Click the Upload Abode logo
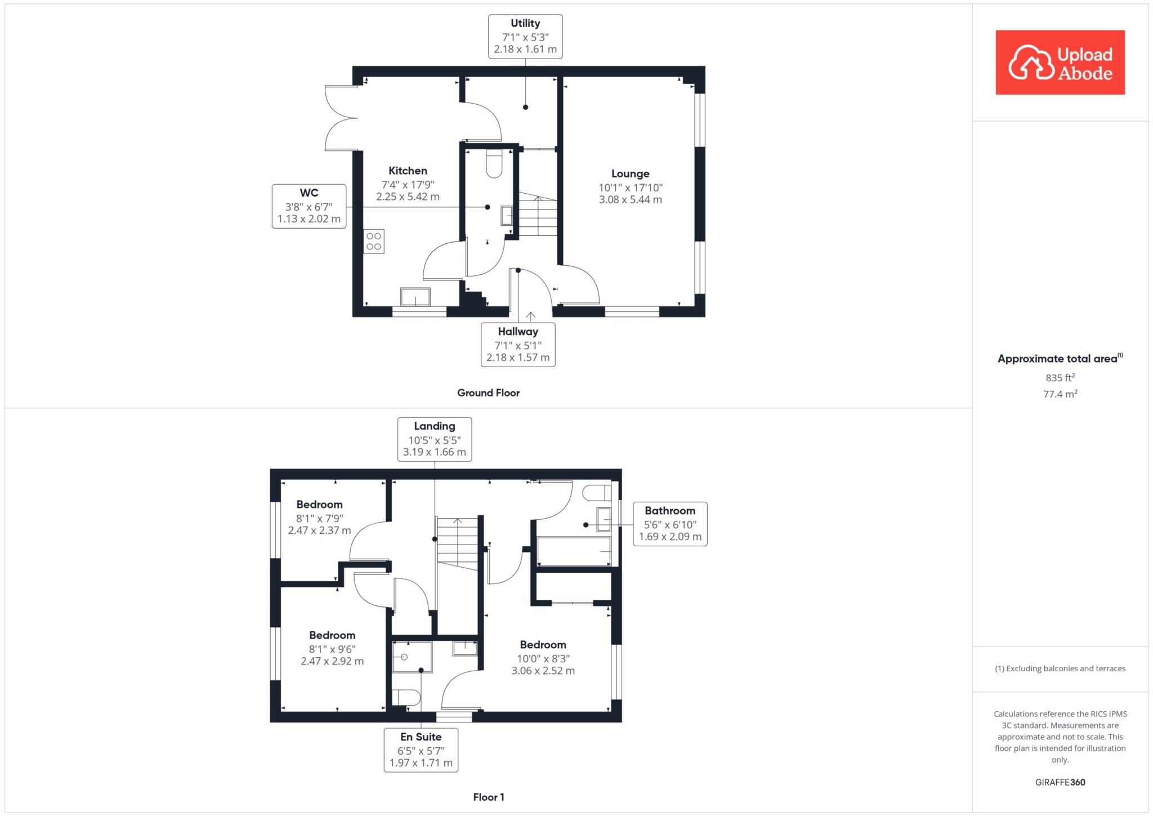(1060, 62)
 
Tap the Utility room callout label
(525, 36)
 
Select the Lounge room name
(631, 173)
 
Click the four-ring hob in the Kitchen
(374, 241)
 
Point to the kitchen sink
(415, 297)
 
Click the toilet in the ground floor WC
(494, 163)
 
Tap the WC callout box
(309, 206)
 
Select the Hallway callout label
(518, 345)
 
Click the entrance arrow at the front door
(530, 316)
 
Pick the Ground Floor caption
(488, 393)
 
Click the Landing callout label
(435, 439)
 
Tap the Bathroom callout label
(670, 524)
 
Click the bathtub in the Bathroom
(574, 551)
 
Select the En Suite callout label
(421, 750)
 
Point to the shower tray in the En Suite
(412, 657)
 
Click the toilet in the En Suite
(406, 698)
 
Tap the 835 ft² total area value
(1061, 377)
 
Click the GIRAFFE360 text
(1060, 782)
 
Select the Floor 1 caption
(489, 797)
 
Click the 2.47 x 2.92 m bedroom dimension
(332, 661)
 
